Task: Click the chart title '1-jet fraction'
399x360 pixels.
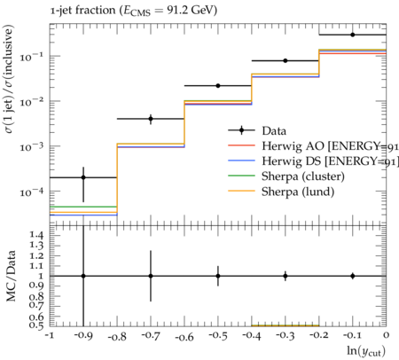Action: pyautogui.click(x=82, y=11)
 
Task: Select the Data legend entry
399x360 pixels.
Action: pyautogui.click(x=257, y=130)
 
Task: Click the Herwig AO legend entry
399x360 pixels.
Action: pyautogui.click(x=313, y=145)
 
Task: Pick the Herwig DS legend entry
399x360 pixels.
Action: pyautogui.click(x=313, y=161)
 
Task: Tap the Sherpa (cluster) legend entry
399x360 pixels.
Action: pyautogui.click(x=286, y=176)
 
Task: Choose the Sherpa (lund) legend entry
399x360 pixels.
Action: pyautogui.click(x=281, y=192)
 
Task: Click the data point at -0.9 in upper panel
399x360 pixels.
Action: pyautogui.click(x=83, y=177)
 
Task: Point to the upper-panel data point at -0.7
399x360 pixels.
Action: pyautogui.click(x=151, y=119)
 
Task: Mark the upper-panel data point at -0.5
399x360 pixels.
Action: pyautogui.click(x=218, y=86)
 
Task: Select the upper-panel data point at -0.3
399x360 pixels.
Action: pyautogui.click(x=286, y=60)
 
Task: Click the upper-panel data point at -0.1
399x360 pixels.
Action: pyautogui.click(x=353, y=35)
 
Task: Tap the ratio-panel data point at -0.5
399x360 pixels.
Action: pyautogui.click(x=218, y=276)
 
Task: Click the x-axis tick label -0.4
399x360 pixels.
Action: pyautogui.click(x=252, y=336)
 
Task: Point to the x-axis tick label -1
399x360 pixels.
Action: pyautogui.click(x=50, y=336)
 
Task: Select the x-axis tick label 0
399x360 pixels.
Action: pyautogui.click(x=386, y=335)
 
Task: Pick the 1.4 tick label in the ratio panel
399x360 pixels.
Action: pyautogui.click(x=36, y=235)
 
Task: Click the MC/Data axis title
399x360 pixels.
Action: pyautogui.click(x=12, y=276)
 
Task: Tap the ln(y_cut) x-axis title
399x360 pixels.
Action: pyautogui.click(x=366, y=351)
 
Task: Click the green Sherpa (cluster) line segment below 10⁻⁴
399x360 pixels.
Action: pyautogui.click(x=83, y=207)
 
